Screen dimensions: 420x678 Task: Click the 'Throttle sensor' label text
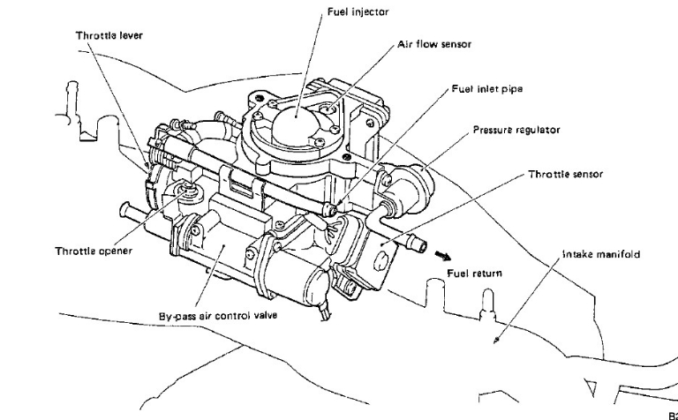click(565, 174)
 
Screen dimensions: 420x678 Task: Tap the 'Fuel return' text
click(475, 274)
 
